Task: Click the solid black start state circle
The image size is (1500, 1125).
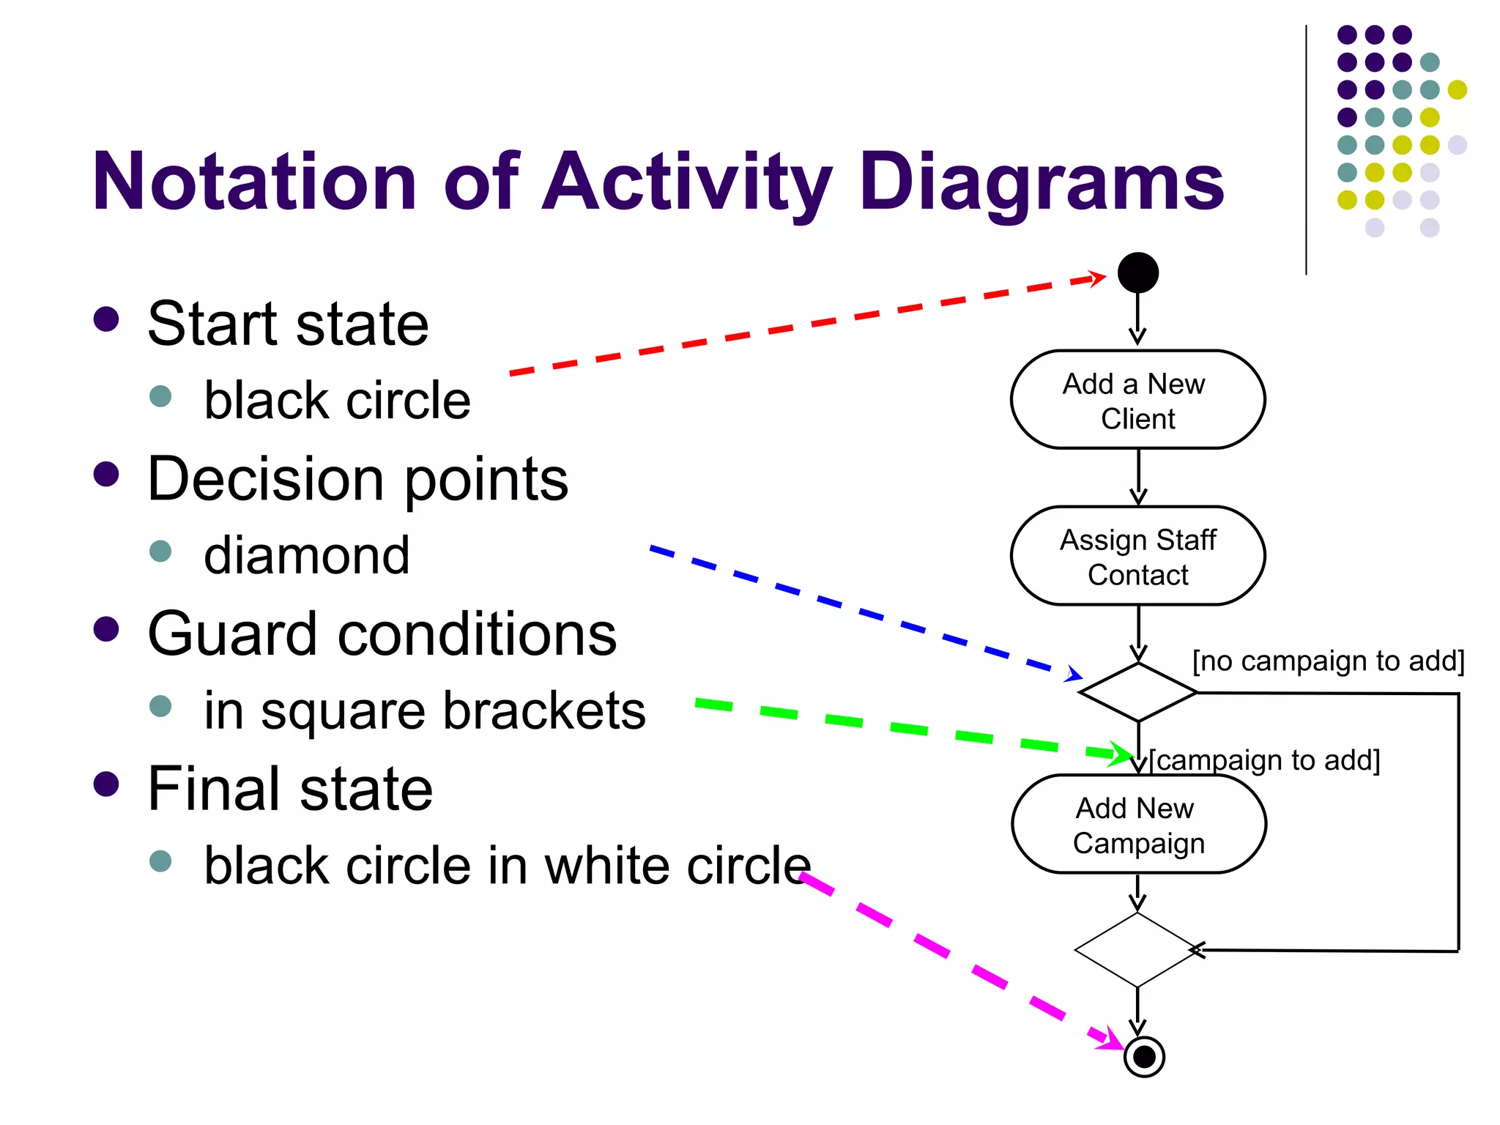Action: (1137, 273)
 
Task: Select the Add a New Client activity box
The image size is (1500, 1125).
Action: (1137, 400)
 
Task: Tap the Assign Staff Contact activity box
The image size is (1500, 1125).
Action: (1137, 556)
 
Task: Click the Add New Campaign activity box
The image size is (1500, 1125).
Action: (1138, 824)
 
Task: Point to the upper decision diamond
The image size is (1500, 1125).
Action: (1137, 692)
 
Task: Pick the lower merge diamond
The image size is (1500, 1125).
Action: (1137, 950)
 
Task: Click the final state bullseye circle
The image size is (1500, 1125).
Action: (1144, 1057)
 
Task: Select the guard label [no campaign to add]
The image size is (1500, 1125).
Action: (1328, 661)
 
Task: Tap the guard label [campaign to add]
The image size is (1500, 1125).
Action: (1264, 760)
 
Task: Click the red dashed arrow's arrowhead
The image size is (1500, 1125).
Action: (1096, 278)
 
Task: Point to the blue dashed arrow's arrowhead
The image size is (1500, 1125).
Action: (1074, 675)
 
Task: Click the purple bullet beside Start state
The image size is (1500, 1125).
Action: (106, 319)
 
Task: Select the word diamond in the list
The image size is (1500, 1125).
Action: (306, 556)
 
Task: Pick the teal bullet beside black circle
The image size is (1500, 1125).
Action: (160, 396)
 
